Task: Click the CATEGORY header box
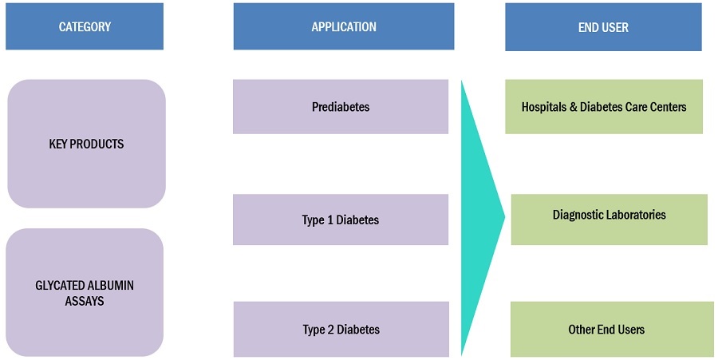[x=85, y=27]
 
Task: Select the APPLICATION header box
[x=344, y=27]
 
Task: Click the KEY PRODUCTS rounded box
[x=86, y=144]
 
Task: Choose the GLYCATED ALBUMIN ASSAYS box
[x=85, y=292]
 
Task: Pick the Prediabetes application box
[x=341, y=106]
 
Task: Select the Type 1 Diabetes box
[x=341, y=220]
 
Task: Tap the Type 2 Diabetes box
[x=341, y=329]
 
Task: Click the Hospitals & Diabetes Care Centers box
[x=604, y=106]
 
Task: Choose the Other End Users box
[x=612, y=329]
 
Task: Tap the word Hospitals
[x=545, y=106]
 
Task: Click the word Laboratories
[x=636, y=215]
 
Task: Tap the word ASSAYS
[x=85, y=301]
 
